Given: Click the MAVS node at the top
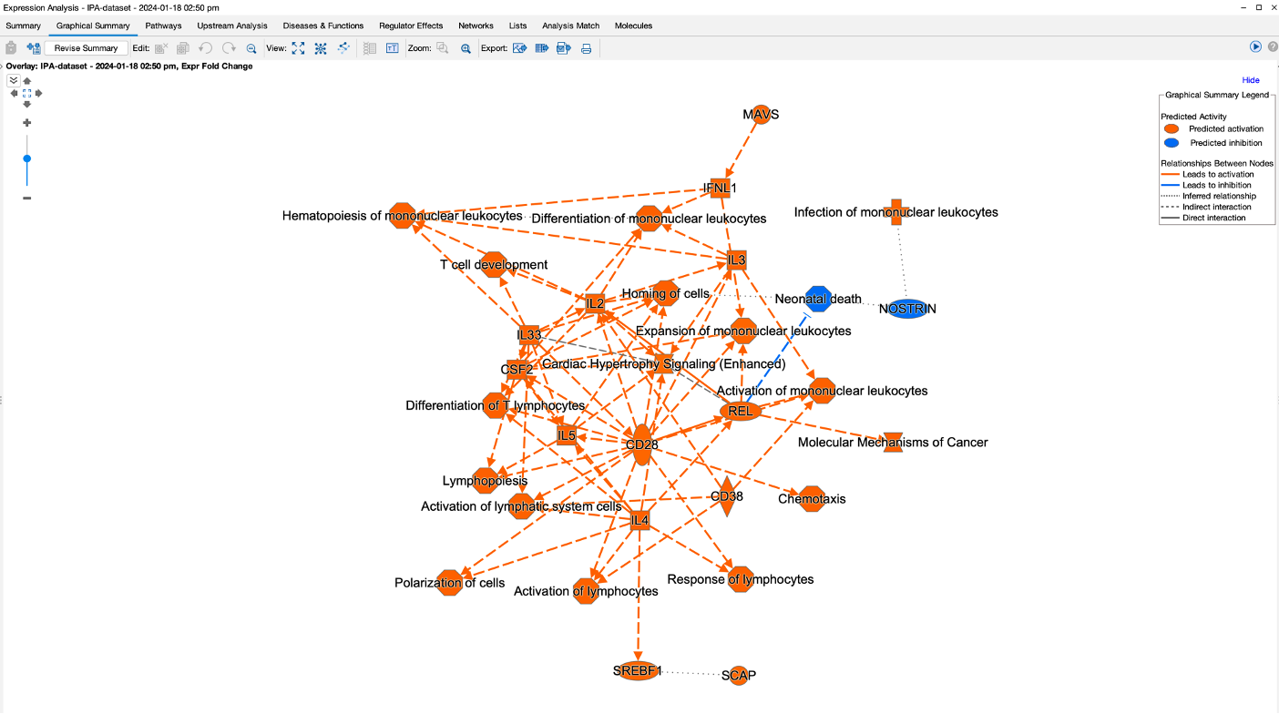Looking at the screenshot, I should pos(761,115).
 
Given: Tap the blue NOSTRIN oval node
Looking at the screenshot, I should pos(907,309).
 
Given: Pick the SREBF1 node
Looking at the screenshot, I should pos(638,671).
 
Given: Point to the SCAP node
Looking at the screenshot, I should pos(739,675).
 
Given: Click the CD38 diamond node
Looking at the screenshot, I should pos(726,496).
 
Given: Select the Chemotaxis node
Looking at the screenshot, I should pos(812,498).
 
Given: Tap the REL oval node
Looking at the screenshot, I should pos(741,411).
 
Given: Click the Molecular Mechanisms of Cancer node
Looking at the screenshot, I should pos(893,442).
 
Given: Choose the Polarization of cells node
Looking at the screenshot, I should pos(450,583).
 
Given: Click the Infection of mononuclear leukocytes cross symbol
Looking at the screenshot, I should pos(895,212).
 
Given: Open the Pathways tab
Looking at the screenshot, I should pos(163,25).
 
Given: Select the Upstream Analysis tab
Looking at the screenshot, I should pos(232,25).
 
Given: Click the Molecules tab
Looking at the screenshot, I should pos(633,25).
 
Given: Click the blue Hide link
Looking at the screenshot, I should pos(1251,80).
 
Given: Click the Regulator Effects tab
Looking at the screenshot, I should pos(411,25).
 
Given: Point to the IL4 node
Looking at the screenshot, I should pos(640,521).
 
